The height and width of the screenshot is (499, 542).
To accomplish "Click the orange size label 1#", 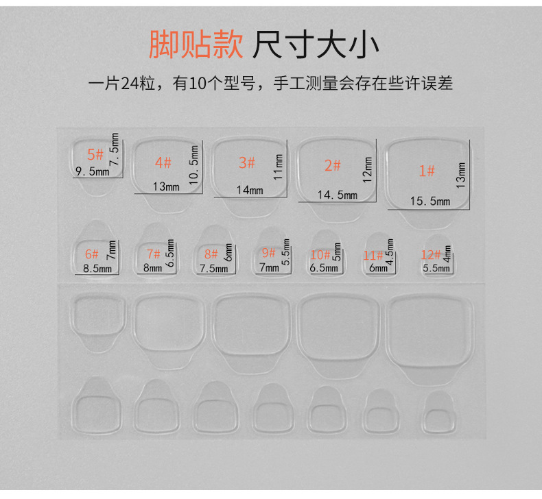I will point(427,171).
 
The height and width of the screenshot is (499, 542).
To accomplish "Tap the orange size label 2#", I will point(332,165).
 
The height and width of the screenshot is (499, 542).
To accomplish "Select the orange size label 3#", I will point(246,162).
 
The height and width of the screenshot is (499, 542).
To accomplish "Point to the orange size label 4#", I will point(163,162).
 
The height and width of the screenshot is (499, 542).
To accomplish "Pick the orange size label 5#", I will point(95,154).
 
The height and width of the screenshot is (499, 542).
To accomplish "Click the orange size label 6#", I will point(92,254).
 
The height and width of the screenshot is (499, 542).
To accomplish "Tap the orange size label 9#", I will point(268,252).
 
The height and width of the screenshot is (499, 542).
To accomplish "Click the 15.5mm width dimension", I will point(430,201).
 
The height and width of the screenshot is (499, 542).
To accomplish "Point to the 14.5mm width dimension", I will point(337,195).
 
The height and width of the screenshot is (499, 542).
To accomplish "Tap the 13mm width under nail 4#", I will point(166,186).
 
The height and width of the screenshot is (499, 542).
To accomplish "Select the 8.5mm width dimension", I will point(97,269).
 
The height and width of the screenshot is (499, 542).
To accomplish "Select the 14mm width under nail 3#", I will point(249,190).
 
